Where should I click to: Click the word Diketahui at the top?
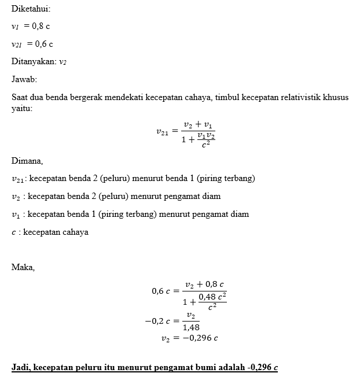(x=30, y=9)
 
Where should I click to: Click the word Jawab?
(x=24, y=79)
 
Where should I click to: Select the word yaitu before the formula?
(x=21, y=108)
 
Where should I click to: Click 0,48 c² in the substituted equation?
(x=212, y=297)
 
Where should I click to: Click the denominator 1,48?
(x=190, y=327)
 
